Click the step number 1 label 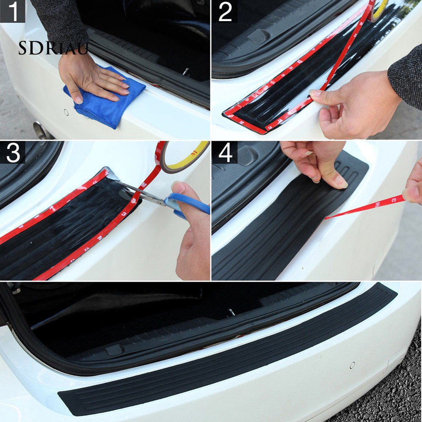(13, 11)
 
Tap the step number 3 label (13, 153)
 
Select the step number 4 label (225, 153)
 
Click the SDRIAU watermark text (53, 49)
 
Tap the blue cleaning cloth (105, 101)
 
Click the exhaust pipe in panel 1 (42, 131)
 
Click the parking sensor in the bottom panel (352, 365)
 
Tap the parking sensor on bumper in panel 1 (66, 113)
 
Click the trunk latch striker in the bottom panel (231, 313)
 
